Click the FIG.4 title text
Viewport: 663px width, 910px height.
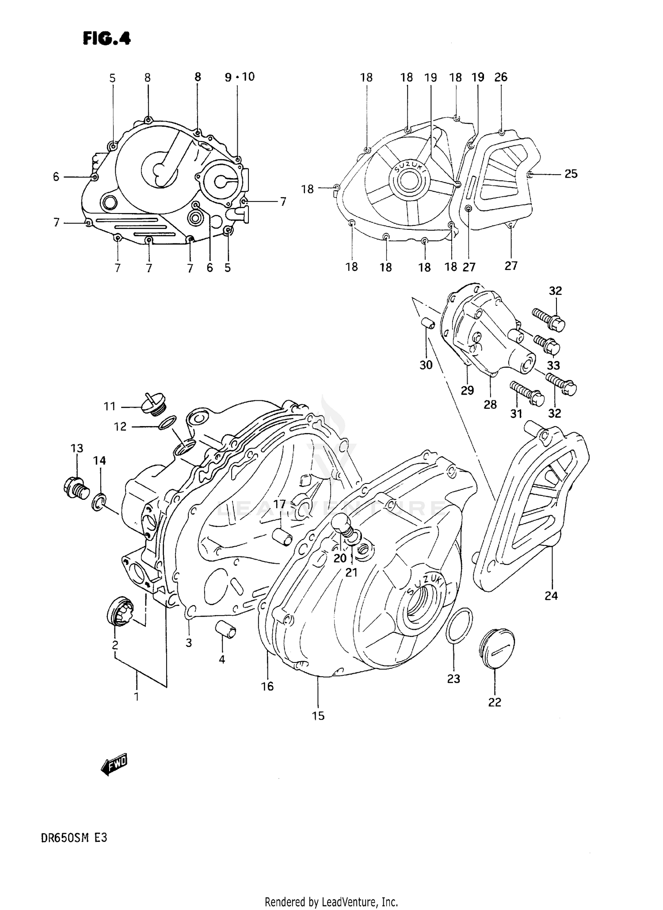point(107,39)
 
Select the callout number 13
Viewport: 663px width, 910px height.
point(76,448)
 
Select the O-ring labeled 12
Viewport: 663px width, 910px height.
point(168,423)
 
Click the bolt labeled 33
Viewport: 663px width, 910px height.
point(547,344)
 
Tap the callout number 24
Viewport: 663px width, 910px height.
point(551,596)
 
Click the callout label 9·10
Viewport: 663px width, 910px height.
point(240,77)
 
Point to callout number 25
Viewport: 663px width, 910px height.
point(571,174)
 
